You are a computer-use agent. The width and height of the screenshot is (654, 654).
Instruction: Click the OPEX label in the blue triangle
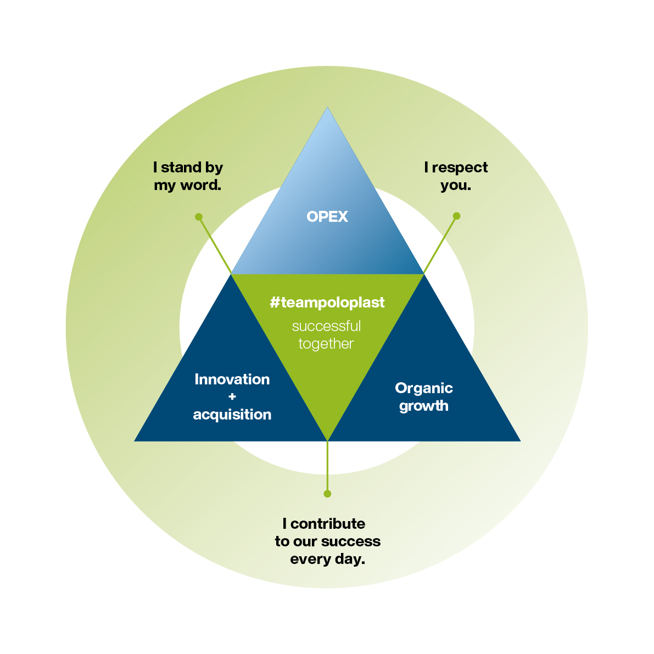(327, 217)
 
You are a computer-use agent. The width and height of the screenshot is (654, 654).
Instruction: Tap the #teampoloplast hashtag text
(327, 303)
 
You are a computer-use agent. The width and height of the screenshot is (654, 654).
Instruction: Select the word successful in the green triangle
(326, 326)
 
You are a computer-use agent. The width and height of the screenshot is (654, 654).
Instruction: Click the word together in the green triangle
(326, 344)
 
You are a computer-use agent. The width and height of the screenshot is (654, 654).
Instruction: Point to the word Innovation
(232, 379)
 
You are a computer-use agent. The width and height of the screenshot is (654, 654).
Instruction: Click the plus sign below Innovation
(232, 396)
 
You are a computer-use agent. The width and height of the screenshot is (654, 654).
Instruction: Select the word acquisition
(232, 415)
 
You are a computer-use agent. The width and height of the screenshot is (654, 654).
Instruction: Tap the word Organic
(424, 388)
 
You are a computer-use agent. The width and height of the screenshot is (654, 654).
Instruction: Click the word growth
(424, 406)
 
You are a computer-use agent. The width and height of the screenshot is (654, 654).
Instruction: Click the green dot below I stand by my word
(199, 217)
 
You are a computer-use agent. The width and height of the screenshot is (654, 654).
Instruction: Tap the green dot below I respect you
(456, 216)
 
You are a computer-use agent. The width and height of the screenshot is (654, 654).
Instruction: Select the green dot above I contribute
(327, 494)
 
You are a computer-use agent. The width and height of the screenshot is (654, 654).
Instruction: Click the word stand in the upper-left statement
(181, 167)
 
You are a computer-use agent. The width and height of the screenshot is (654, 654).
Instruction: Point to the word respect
(460, 167)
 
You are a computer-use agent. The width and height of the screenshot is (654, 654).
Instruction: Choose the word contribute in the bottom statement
(328, 524)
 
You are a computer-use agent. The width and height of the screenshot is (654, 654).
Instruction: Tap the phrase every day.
(328, 560)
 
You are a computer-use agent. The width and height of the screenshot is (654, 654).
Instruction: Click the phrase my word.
(188, 185)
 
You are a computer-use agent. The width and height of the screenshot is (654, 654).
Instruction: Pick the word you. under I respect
(456, 185)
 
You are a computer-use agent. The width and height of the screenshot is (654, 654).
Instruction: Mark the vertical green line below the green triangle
(327, 467)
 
